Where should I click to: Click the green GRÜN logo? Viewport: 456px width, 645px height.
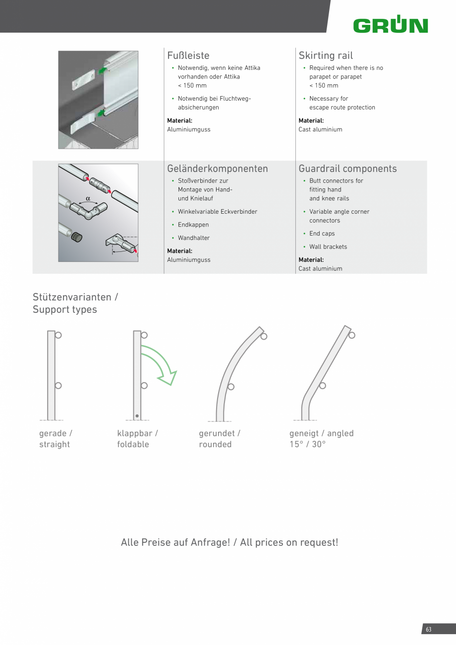coord(391,25)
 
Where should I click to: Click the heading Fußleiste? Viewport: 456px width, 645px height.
coord(188,56)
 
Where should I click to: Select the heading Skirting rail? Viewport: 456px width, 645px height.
coord(326,56)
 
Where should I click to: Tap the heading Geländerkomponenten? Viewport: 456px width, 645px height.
coord(218,169)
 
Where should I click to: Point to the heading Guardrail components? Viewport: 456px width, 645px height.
coord(347,169)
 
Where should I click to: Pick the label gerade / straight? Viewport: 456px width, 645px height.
coord(56,439)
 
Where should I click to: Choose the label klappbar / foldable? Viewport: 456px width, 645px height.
coord(137,439)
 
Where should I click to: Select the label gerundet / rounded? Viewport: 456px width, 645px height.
coord(220,439)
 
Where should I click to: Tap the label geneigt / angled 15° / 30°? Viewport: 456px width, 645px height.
coord(321,439)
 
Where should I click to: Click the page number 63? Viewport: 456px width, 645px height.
coord(429,630)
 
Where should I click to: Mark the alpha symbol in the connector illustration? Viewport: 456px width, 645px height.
coord(88,199)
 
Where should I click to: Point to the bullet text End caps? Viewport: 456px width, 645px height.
coord(322,234)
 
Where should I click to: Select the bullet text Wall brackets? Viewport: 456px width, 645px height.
coord(328,247)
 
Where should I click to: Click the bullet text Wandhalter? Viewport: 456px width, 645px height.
coord(193,238)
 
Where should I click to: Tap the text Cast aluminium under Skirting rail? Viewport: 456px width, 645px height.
coord(320,129)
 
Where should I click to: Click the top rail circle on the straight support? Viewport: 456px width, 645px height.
coord(58,335)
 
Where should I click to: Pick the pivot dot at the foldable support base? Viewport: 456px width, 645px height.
coord(137,415)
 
